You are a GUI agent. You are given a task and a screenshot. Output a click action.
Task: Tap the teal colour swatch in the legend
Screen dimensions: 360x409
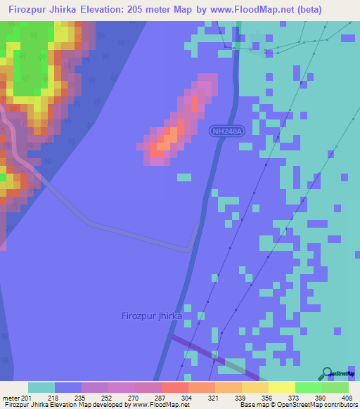41,387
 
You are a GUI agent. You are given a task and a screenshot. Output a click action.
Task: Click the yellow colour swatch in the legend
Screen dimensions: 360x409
282,387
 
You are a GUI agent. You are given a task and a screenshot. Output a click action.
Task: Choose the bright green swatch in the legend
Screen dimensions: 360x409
309,387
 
